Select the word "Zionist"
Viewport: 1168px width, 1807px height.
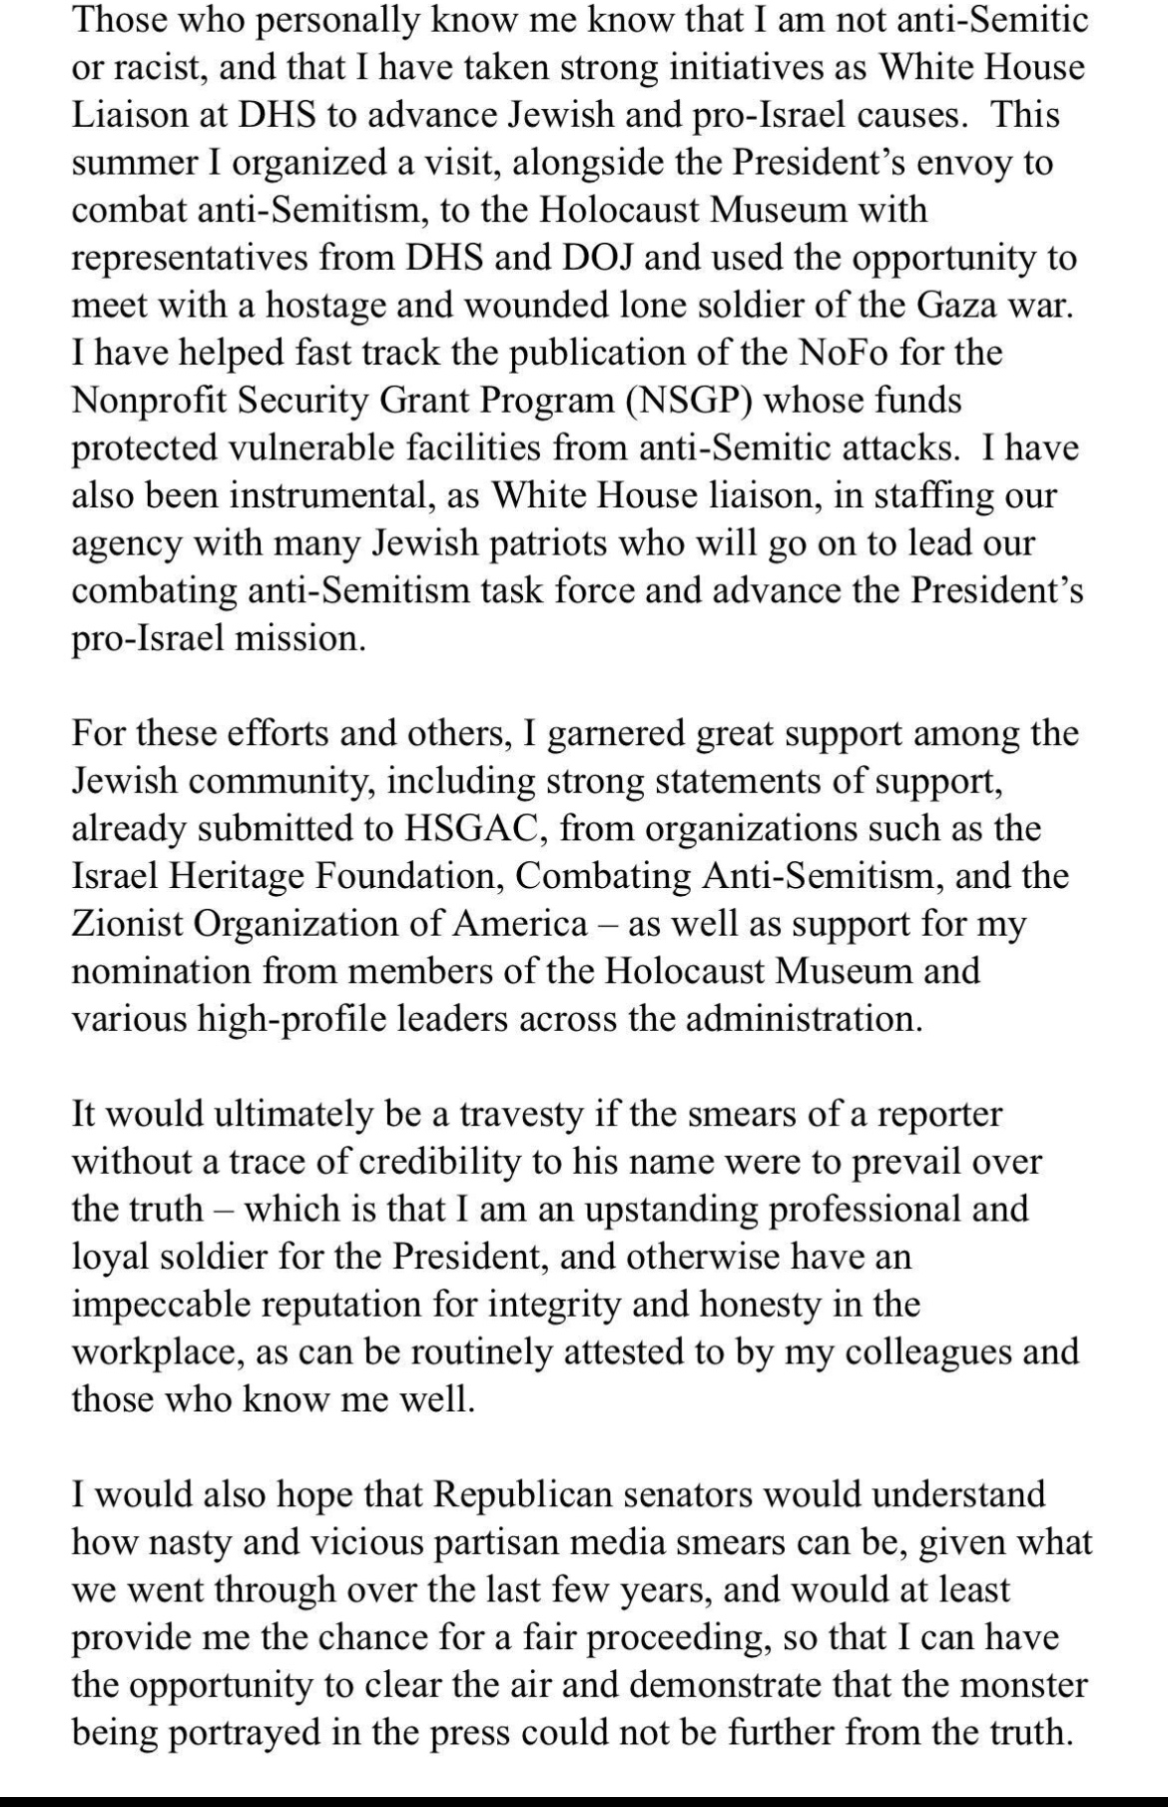coord(128,923)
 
